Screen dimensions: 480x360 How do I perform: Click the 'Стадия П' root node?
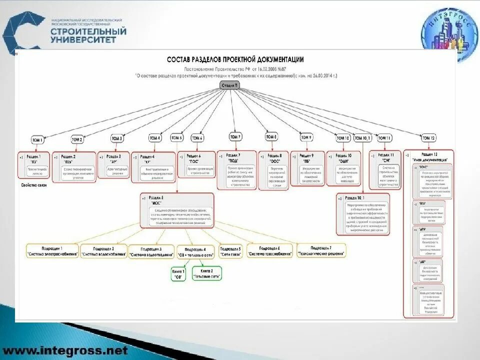tap(230, 85)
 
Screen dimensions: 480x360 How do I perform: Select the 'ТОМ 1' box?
tap(37, 140)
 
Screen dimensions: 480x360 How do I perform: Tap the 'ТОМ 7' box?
tap(235, 136)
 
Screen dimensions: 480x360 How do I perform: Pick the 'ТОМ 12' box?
tap(428, 138)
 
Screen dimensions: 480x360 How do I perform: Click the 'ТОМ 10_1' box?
tap(363, 137)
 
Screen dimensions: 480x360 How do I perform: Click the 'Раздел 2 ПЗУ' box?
tap(74, 165)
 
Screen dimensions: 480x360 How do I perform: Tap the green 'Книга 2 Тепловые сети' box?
tap(206, 273)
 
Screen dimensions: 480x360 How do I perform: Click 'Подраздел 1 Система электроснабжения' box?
tap(52, 251)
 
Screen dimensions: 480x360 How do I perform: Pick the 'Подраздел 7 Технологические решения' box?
tap(321, 250)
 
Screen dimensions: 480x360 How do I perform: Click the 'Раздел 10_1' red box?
tap(363, 214)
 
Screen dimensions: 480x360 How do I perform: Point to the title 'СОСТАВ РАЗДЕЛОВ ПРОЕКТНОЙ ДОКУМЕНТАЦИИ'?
tap(235, 59)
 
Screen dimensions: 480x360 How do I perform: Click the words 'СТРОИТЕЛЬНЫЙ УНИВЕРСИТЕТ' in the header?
tap(88, 35)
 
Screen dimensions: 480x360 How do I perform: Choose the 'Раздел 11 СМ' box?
tap(385, 169)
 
